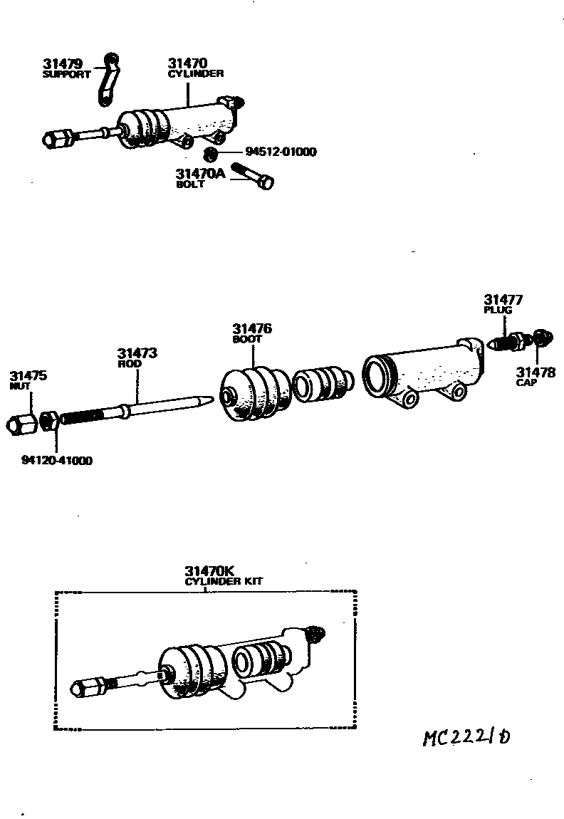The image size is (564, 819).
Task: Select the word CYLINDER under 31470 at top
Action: [x=196, y=73]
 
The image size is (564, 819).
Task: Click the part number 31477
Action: [x=503, y=300]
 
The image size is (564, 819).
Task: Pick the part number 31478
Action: [x=536, y=372]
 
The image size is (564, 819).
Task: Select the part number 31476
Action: [x=252, y=329]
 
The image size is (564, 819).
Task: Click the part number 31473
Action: [x=137, y=353]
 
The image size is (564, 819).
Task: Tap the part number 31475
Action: [x=28, y=375]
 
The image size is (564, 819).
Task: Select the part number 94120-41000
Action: [x=56, y=460]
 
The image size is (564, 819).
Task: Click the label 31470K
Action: [x=209, y=570]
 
